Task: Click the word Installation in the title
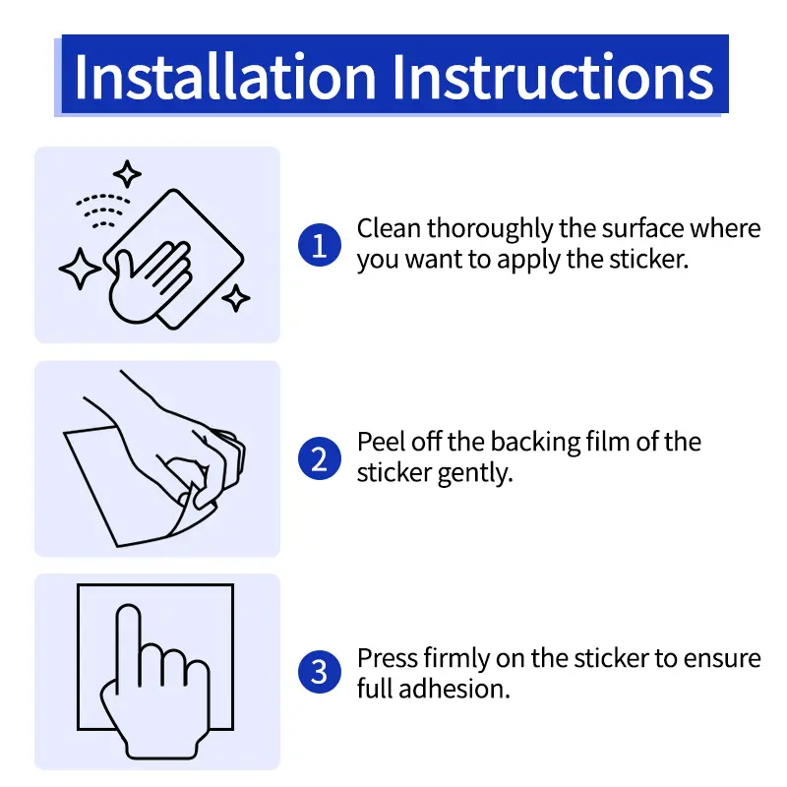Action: [225, 77]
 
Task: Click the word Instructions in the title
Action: [553, 77]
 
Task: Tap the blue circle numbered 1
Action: [320, 245]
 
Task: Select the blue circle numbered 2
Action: [320, 458]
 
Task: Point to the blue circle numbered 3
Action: [320, 672]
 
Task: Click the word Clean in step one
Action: [389, 228]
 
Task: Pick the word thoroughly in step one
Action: [490, 230]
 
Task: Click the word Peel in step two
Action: [381, 442]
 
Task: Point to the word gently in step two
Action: [475, 474]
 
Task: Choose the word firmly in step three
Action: [456, 659]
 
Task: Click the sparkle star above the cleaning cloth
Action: [127, 174]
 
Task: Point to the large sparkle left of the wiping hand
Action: [80, 269]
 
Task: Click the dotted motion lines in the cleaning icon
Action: [103, 211]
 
